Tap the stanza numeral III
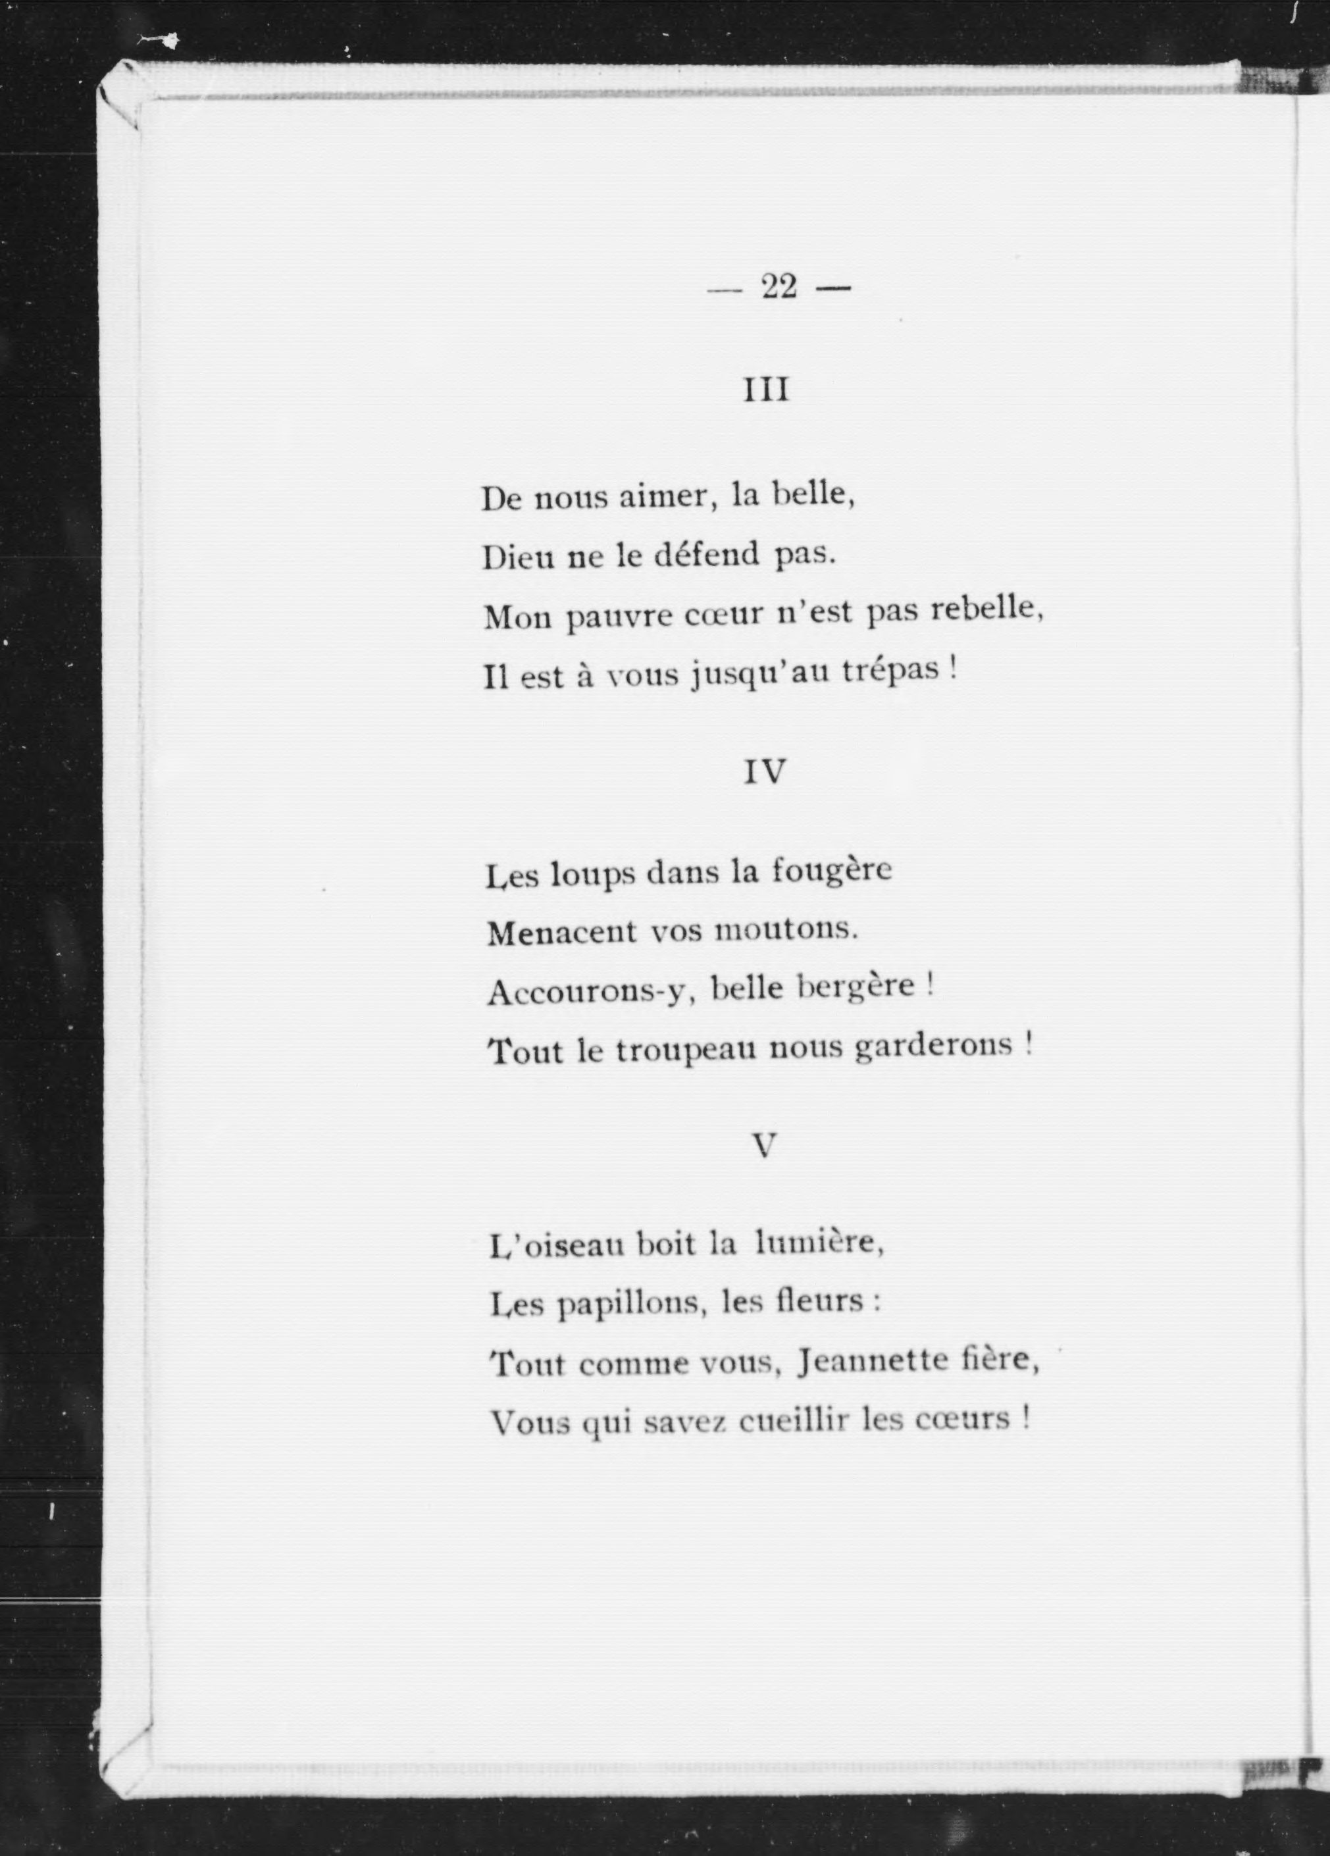coord(766,390)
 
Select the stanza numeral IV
coord(765,772)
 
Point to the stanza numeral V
coord(763,1147)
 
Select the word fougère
coord(832,871)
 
